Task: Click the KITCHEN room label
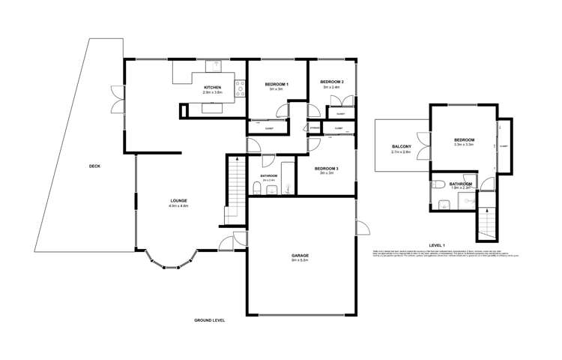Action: click(212, 88)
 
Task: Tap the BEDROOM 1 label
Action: click(278, 84)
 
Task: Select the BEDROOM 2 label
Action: click(332, 82)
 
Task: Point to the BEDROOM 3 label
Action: click(327, 168)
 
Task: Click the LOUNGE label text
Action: click(178, 200)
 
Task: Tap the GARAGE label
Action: click(300, 256)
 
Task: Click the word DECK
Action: click(94, 166)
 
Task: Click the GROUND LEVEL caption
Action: click(208, 320)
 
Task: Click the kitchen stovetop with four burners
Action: click(241, 88)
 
